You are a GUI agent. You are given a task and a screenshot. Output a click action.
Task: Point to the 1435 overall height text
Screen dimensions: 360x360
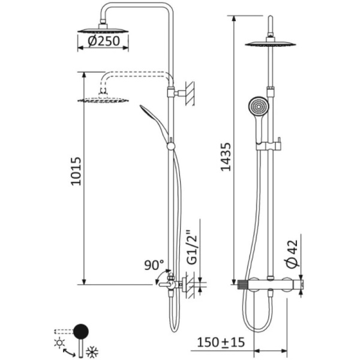tap(225, 158)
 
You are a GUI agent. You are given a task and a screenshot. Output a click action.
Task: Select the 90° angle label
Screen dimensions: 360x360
tap(154, 264)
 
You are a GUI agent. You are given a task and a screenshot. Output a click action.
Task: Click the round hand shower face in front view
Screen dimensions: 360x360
tap(256, 107)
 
